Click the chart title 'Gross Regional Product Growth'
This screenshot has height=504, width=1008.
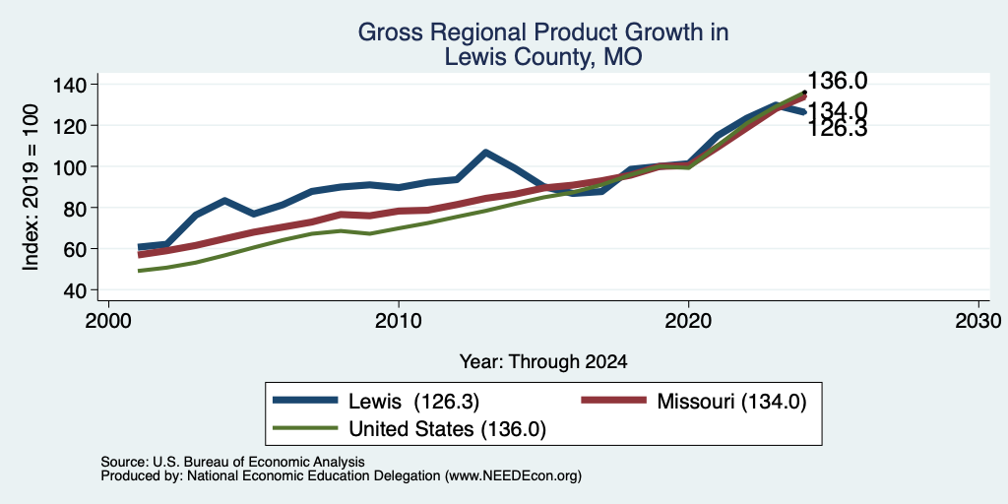point(542,32)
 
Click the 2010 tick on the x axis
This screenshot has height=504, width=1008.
point(399,320)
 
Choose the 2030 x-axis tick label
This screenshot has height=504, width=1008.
point(978,320)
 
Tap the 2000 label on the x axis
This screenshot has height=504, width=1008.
point(108,320)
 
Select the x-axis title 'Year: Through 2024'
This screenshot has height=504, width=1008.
point(543,362)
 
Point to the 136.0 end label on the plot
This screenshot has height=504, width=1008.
point(837,81)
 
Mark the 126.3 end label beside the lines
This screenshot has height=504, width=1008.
point(837,129)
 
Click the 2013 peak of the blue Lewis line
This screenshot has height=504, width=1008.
point(485,153)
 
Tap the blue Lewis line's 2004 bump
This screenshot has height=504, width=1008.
point(224,201)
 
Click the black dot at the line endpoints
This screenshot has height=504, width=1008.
point(805,92)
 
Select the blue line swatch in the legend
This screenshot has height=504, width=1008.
point(306,401)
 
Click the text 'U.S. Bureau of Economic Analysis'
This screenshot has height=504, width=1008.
point(259,462)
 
